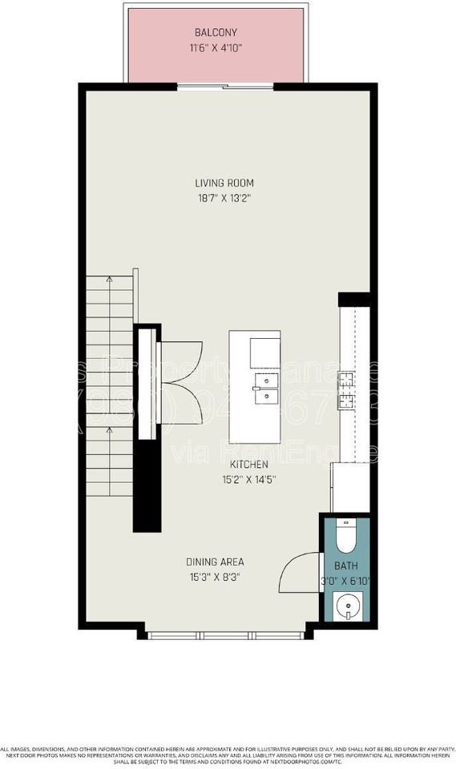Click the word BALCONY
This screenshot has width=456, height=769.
pyautogui.click(x=215, y=33)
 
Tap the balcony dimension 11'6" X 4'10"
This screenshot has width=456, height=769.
pyautogui.click(x=215, y=47)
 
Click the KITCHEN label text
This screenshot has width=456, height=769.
pyautogui.click(x=250, y=465)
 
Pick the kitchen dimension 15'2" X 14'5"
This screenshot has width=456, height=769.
pyautogui.click(x=250, y=480)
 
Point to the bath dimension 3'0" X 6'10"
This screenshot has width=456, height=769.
pyautogui.click(x=346, y=581)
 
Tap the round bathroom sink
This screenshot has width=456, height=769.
pyautogui.click(x=346, y=606)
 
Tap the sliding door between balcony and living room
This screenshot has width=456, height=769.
pyautogui.click(x=224, y=87)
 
